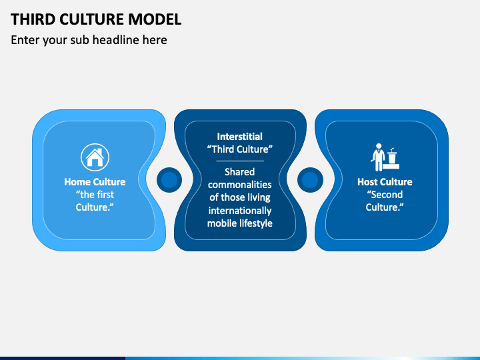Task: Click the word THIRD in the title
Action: click(32, 19)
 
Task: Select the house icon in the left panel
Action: click(95, 157)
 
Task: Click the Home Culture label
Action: click(95, 182)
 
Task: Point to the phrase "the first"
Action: click(95, 195)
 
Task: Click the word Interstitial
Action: click(240, 137)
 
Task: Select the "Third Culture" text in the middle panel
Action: click(240, 149)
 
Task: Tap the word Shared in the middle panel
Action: click(240, 172)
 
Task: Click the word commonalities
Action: click(240, 185)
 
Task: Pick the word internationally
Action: click(240, 211)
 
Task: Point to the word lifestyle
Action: click(254, 223)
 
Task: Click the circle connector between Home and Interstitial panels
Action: click(170, 180)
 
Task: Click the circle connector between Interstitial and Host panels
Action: click(310, 180)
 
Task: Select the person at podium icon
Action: click(385, 157)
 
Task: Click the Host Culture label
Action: click(385, 182)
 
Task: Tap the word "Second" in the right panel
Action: click(385, 195)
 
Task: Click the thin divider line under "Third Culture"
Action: click(240, 161)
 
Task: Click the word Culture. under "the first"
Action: click(95, 207)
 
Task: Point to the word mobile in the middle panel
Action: click(221, 223)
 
